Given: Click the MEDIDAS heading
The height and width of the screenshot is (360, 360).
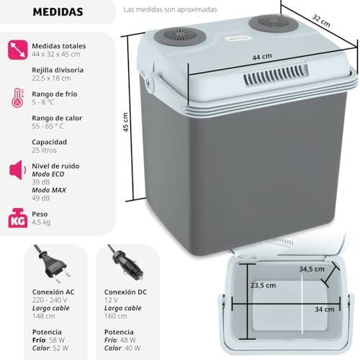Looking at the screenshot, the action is tap(58, 12).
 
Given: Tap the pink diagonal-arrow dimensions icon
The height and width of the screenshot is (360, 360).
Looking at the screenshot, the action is tap(17, 50).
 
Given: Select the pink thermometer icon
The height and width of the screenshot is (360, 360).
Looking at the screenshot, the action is tap(18, 98).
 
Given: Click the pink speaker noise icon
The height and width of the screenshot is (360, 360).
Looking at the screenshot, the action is tap(17, 170).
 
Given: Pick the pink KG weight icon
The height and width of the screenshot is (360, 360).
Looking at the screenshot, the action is tap(17, 218).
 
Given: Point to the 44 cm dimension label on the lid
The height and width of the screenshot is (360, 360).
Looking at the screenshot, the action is tap(262, 57).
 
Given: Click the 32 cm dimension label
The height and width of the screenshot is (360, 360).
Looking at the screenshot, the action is tap(321, 21).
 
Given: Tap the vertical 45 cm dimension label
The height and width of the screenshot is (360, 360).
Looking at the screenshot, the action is tap(125, 122).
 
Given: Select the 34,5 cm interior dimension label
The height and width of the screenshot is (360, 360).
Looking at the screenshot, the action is tap(312, 269).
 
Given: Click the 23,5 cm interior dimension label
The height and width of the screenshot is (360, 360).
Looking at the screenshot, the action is tap(263, 285).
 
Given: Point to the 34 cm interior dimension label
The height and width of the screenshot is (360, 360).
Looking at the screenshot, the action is tap(325, 310).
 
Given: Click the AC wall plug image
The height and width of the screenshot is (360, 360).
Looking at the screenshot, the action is tap(53, 264).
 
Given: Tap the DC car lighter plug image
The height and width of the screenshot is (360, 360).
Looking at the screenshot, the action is tap(125, 262).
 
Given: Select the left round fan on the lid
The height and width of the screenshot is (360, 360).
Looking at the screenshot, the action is tap(180, 37).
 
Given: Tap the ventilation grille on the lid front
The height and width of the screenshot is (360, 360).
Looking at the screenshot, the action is tap(276, 75).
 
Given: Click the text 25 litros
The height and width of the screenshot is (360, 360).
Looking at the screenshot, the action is tap(44, 150).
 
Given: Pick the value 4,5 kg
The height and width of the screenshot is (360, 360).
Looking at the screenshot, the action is tap(41, 222).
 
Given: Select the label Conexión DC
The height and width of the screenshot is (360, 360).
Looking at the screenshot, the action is tap(125, 292).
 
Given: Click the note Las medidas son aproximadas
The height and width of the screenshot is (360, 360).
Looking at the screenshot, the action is tap(170, 9).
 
